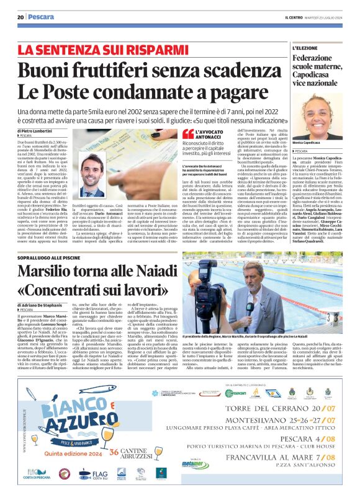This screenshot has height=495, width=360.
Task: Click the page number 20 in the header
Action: pos(20,18)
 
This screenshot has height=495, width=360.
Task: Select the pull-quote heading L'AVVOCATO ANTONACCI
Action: pos(211,134)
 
